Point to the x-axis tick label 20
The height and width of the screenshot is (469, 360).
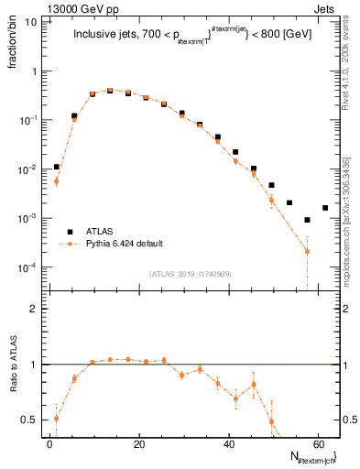tap(138, 444)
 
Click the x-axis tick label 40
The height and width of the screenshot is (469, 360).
tap(228, 444)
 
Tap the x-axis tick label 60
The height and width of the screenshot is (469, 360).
tap(317, 444)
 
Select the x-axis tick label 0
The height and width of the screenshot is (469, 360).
tap(49, 444)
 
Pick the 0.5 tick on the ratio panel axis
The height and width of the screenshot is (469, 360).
tap(27, 420)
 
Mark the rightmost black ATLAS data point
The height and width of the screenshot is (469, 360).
tap(325, 208)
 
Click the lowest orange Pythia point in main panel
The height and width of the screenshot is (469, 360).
tap(307, 251)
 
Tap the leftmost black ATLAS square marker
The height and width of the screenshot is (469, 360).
tap(57, 168)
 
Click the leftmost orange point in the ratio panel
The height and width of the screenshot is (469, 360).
tap(57, 419)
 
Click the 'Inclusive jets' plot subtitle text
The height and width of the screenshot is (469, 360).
tap(110, 36)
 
